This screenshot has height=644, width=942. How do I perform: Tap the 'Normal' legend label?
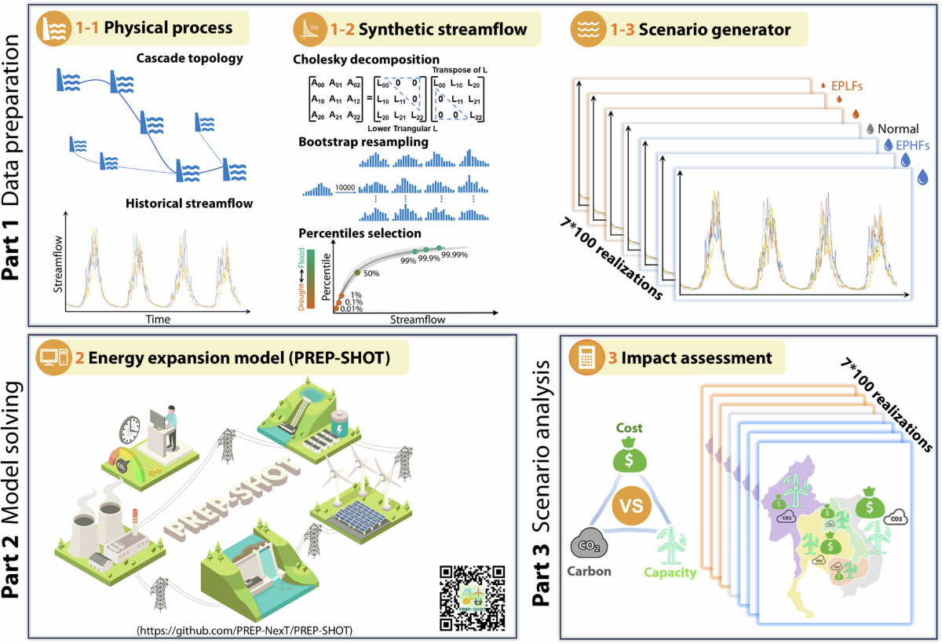pyautogui.click(x=898, y=128)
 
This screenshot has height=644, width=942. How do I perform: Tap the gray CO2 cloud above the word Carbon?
pyautogui.click(x=590, y=543)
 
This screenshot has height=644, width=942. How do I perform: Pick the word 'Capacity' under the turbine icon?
pyautogui.click(x=670, y=573)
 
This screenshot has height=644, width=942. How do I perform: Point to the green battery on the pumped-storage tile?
pyautogui.click(x=340, y=426)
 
